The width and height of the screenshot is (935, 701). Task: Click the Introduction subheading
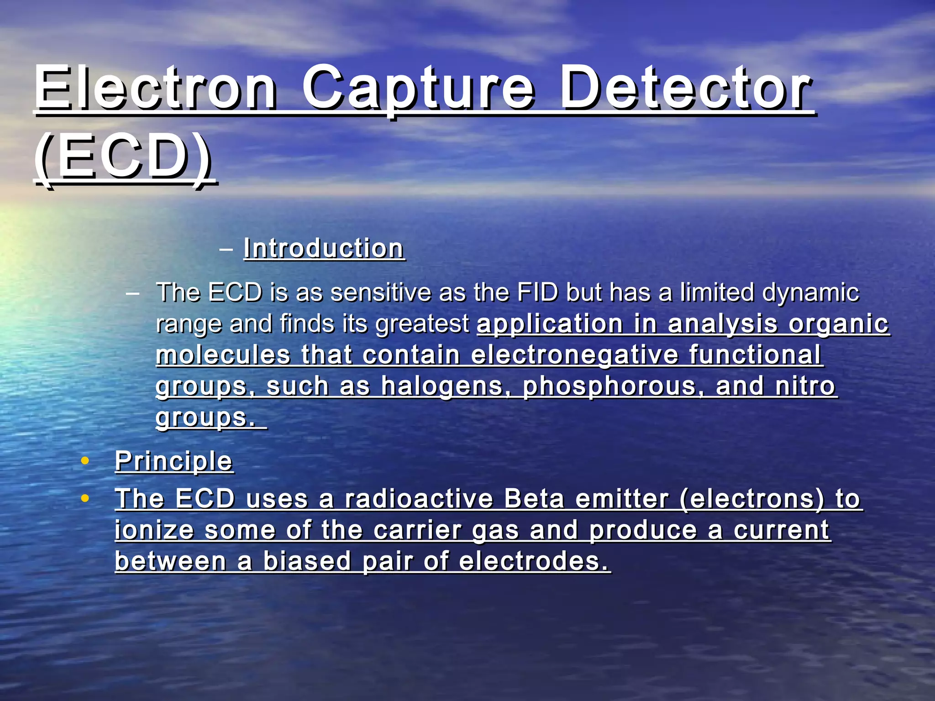click(x=324, y=249)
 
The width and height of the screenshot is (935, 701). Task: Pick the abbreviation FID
click(x=537, y=293)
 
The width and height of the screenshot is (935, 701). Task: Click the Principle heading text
click(x=173, y=461)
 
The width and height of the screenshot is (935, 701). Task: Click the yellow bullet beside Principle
click(x=84, y=461)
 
